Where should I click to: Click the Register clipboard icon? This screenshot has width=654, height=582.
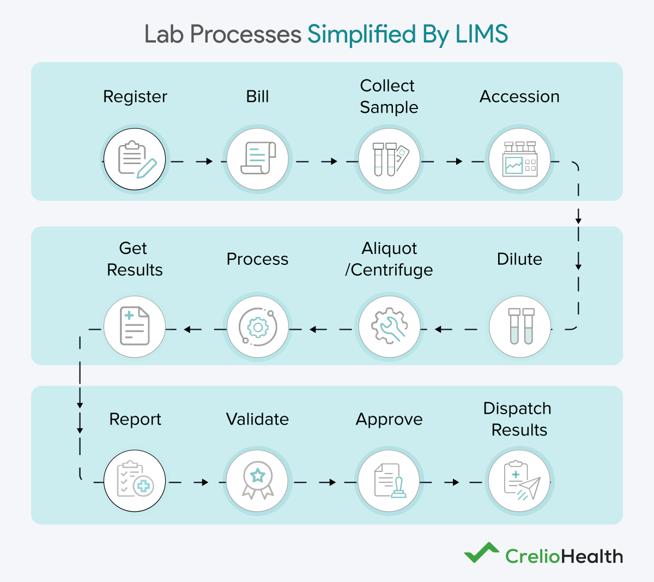(x=135, y=159)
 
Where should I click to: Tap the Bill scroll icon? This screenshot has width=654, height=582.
(x=257, y=159)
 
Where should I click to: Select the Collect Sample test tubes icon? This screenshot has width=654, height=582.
(x=389, y=159)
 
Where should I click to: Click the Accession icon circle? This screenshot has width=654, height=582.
(x=519, y=159)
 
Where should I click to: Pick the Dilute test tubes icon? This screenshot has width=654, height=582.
(x=520, y=326)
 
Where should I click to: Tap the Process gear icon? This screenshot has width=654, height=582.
(x=258, y=327)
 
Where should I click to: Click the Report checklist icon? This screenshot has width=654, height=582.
(x=135, y=480)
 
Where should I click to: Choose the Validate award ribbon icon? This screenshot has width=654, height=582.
(x=257, y=480)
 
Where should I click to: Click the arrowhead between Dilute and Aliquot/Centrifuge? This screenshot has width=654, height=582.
(x=439, y=329)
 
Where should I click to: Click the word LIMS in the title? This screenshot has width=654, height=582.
(x=482, y=34)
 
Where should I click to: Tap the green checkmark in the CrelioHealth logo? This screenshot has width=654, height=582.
(x=481, y=553)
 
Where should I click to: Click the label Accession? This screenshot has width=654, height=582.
(x=519, y=96)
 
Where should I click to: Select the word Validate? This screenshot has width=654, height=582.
(x=257, y=419)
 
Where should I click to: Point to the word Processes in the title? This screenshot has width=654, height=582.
(x=246, y=34)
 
